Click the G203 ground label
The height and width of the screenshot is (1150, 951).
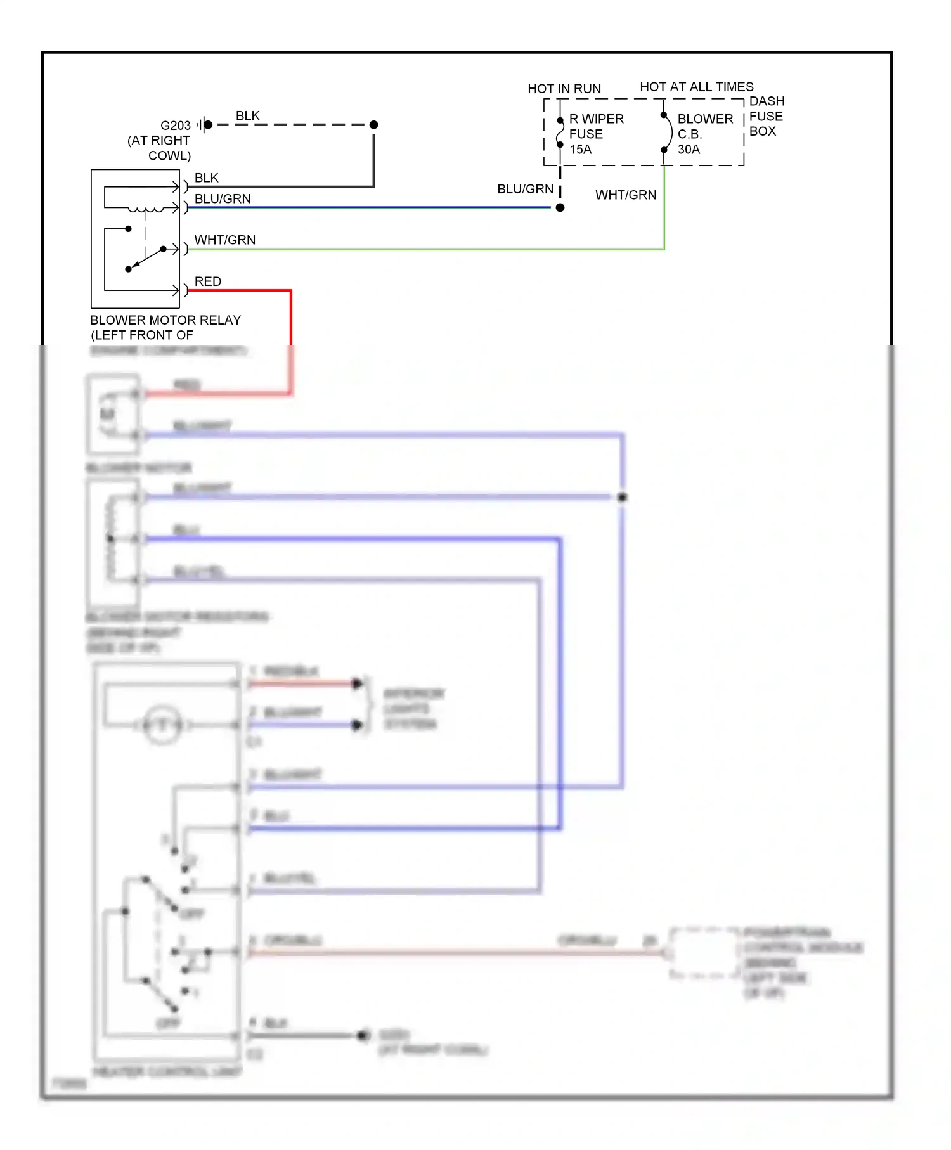point(175,126)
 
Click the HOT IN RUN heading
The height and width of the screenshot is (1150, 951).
point(564,89)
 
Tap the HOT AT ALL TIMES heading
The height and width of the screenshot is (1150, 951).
point(696,87)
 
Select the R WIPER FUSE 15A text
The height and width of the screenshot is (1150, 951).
point(595,134)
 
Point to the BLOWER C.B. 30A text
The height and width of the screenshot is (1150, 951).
point(704,134)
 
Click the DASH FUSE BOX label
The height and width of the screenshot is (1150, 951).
point(766,116)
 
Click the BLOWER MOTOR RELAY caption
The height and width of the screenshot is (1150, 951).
point(165,320)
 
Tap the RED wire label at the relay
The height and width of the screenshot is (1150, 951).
point(207,281)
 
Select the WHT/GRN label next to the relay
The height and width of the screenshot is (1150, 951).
point(224,240)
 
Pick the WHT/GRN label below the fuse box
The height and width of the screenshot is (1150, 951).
point(625,195)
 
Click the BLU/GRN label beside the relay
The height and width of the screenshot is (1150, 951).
point(222,199)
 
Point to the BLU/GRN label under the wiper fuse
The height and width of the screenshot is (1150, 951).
point(525,189)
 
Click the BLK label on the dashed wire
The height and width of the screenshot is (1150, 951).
point(247,116)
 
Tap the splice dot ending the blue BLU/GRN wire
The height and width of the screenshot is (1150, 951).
point(560,208)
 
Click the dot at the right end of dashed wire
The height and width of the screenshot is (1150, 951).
point(374,125)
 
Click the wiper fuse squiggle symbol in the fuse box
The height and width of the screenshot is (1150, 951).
point(560,132)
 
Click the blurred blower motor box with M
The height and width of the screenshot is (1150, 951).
point(113,414)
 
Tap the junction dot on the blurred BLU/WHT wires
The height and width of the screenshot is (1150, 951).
point(622,498)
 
